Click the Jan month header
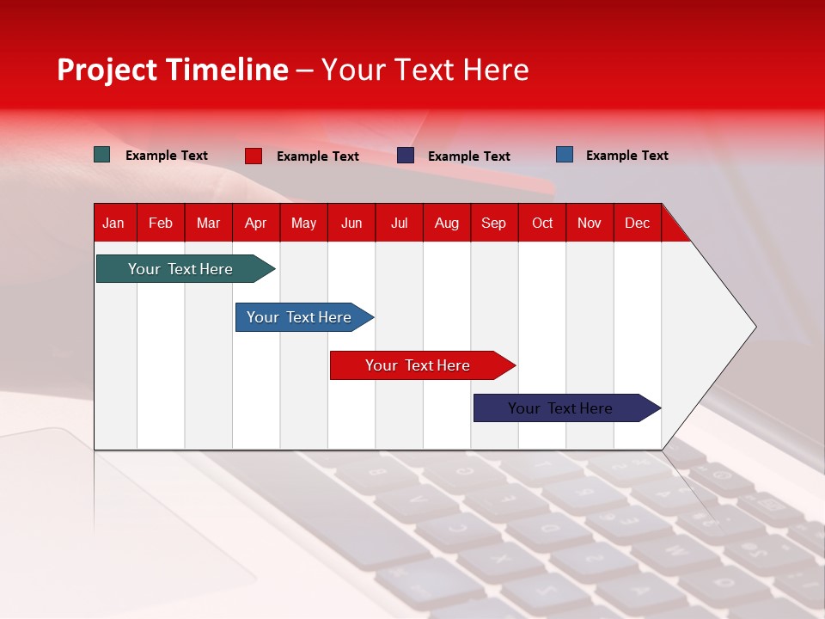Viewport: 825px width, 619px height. [113, 223]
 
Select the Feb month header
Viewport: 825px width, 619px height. [161, 223]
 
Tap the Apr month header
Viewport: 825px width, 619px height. [255, 223]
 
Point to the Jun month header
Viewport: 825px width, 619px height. [351, 223]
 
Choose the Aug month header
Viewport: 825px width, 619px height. [446, 223]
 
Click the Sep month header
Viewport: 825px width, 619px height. [493, 223]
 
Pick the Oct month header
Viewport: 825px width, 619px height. [542, 223]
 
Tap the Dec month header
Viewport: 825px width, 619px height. [637, 223]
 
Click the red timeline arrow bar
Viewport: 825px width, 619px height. [419, 365]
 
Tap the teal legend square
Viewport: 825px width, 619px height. [102, 155]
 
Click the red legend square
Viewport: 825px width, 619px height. [254, 156]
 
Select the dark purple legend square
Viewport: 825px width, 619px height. [406, 156]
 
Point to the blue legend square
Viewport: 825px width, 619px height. [565, 155]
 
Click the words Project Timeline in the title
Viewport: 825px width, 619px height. [173, 70]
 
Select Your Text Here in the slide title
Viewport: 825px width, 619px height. [425, 70]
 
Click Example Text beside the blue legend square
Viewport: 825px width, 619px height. [626, 156]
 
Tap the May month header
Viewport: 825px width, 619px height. [303, 223]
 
